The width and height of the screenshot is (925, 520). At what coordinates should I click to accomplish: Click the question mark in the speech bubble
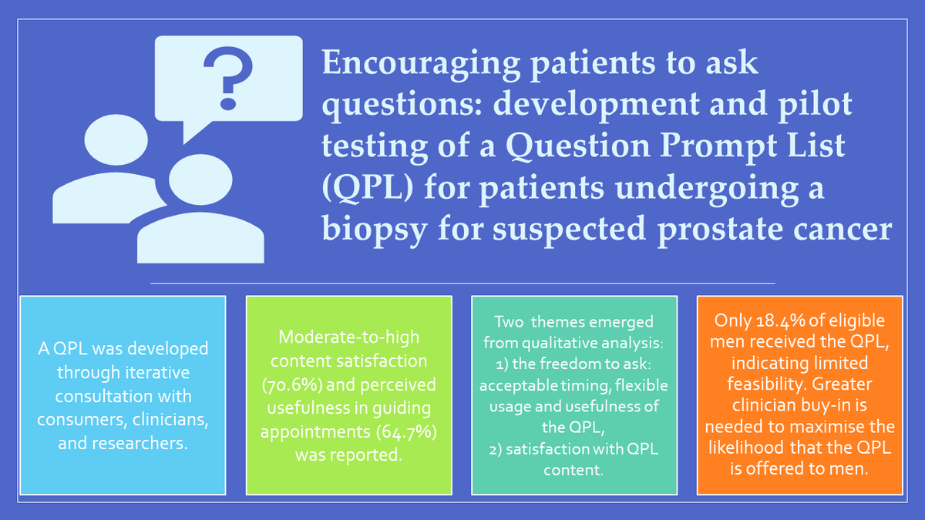point(228,79)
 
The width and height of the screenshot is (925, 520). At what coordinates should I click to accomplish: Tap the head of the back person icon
point(116,139)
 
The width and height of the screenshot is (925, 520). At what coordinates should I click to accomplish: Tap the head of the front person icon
point(200,179)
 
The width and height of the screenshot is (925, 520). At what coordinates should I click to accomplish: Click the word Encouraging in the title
point(420,63)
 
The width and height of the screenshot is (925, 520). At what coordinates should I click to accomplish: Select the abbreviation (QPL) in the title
point(368,188)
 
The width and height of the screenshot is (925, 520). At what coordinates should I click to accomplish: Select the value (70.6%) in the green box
point(292,384)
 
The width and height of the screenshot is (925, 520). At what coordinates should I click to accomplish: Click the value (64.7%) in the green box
point(406,431)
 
